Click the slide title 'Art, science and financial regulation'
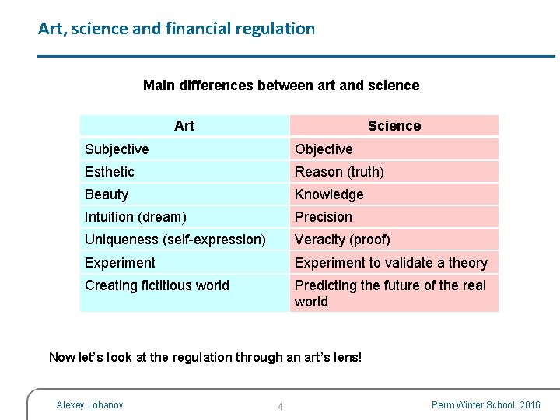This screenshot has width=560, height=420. pyautogui.click(x=177, y=30)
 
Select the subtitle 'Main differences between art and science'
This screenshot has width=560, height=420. pyautogui.click(x=281, y=86)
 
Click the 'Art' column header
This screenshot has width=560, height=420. pyautogui.click(x=184, y=126)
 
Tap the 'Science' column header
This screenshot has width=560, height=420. pyautogui.click(x=394, y=126)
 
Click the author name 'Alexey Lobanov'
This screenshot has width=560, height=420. pyautogui.click(x=89, y=404)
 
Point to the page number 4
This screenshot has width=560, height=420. pyautogui.click(x=280, y=407)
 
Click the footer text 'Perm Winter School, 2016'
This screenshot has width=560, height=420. pyautogui.click(x=485, y=405)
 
